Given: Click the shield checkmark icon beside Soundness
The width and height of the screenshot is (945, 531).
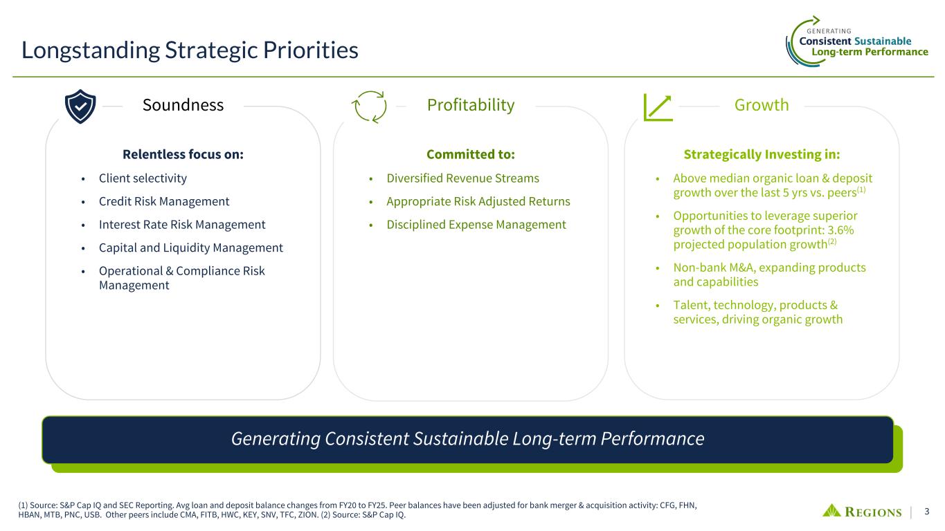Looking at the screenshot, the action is coord(80,106).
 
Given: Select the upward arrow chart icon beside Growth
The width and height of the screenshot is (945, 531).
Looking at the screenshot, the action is coord(658,107).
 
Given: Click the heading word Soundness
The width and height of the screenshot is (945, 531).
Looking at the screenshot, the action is coord(183,105).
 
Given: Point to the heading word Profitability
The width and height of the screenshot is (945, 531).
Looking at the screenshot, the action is coord(471,105).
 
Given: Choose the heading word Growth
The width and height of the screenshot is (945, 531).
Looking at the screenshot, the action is coord(762,105).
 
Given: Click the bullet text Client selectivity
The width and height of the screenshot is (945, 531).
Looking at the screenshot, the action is coord(143,178).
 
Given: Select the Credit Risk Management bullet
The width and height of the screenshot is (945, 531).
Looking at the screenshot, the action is coord(164,201).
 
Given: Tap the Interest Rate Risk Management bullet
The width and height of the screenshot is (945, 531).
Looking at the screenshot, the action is coord(182,225).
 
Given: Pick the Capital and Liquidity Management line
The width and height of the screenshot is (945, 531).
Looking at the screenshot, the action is coord(190,248).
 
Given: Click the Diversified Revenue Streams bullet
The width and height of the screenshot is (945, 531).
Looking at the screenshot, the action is coord(462,178).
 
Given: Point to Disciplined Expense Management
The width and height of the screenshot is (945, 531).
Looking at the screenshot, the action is coord(476,225).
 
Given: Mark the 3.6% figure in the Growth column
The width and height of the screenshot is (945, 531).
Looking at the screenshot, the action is coord(840,230).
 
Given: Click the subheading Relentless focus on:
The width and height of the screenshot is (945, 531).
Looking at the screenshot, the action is coord(183,154).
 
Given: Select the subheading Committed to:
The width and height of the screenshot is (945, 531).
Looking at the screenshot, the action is coord(471,154).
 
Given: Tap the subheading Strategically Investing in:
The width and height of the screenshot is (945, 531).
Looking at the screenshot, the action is coord(762,154).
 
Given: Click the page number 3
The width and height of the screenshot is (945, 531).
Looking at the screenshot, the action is coord(927,512).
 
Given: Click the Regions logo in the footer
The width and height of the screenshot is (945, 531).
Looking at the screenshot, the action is coord(861,511).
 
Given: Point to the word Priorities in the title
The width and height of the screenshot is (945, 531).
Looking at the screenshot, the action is coord(310,50).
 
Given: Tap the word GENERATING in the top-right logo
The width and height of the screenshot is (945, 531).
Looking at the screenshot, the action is coord(829,31).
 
